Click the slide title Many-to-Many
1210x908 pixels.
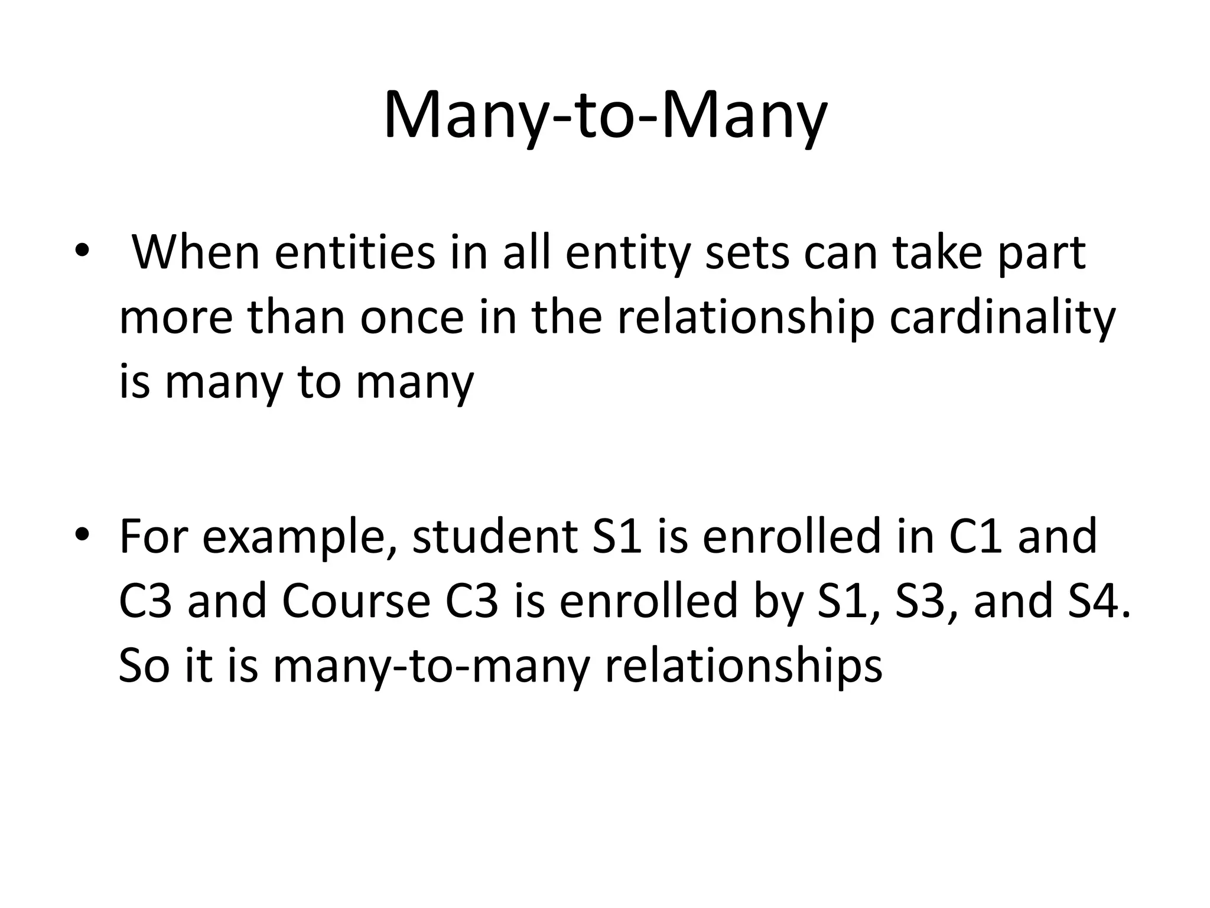coord(605,115)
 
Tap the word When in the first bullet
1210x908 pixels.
coord(196,253)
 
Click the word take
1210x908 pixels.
coord(938,253)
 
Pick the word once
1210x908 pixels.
coord(412,318)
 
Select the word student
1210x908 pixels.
coord(495,537)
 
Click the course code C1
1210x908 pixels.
coord(975,537)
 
